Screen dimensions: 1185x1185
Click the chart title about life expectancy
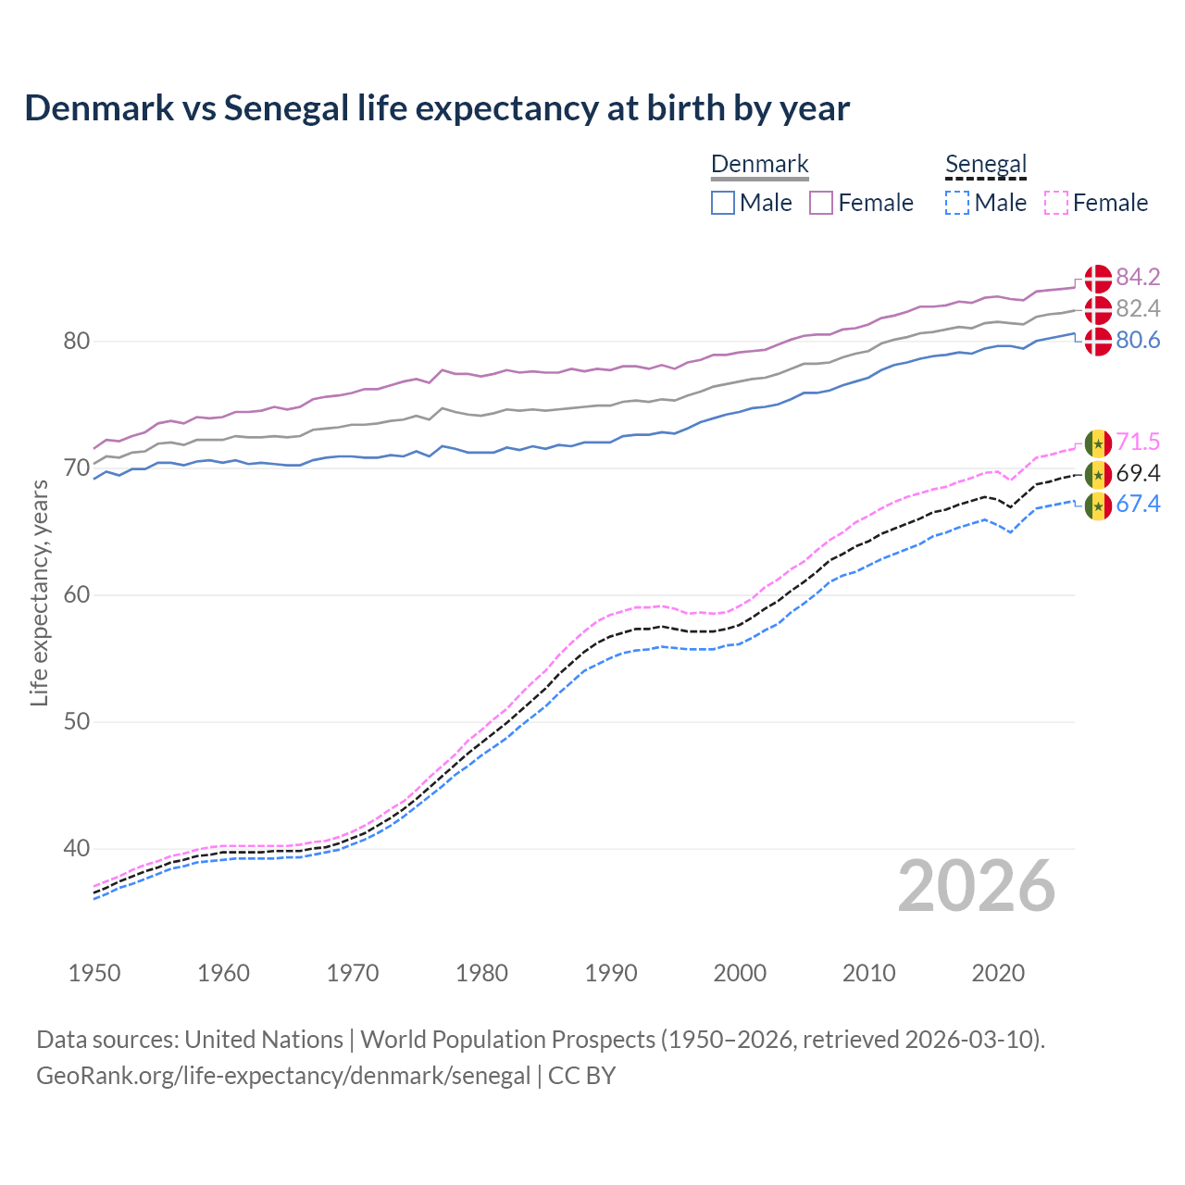coord(437,108)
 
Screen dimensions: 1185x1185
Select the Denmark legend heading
coord(759,165)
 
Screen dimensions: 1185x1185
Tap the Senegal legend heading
coord(986,165)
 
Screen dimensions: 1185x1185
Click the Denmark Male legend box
coord(723,203)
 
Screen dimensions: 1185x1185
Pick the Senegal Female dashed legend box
coord(1056,203)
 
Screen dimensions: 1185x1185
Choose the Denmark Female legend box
coord(821,203)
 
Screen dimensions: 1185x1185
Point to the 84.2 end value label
coord(1138,277)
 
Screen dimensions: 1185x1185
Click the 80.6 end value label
coord(1138,340)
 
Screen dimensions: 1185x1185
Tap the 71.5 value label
coord(1138,442)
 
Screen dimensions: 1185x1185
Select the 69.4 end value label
coord(1138,473)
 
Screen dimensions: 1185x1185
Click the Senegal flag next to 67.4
coord(1098,505)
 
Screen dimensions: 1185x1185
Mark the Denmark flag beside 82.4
coord(1098,309)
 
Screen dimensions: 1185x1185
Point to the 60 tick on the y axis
coord(77,594)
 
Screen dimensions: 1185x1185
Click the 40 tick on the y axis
coord(77,848)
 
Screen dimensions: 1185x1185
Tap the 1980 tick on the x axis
coord(481,973)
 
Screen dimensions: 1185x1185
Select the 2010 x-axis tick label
coord(868,973)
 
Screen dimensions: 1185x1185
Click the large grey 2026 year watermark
coord(977,886)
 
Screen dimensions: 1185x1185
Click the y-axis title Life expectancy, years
coord(39,592)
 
